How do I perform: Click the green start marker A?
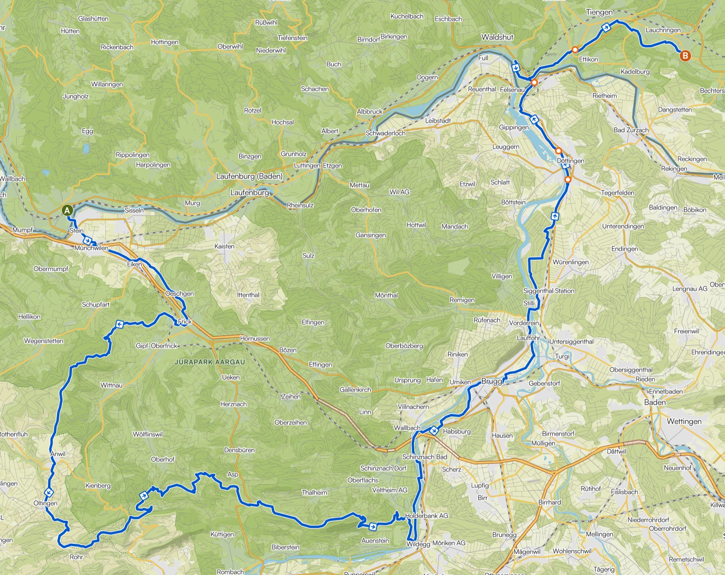coord(67,211)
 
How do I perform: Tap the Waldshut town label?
coord(497,37)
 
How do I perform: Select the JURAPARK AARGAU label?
coord(210,362)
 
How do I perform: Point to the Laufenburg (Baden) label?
coord(249,176)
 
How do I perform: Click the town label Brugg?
coord(492,381)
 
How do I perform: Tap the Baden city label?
coord(655,402)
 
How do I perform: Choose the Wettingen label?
coord(684,421)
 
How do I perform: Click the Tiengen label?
coord(599,12)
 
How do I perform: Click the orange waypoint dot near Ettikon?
coord(575,50)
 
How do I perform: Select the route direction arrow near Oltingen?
coord(49,492)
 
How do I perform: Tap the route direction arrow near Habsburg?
coord(434,431)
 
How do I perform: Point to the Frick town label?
coord(185,321)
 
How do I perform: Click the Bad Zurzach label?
coord(631,130)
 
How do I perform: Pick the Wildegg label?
coord(418,544)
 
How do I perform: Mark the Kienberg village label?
coord(98,485)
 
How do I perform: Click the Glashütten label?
coord(93,19)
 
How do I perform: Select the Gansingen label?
coord(370,235)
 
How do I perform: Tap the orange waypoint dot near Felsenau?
coord(534,83)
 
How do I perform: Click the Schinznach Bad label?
coord(424,457)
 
